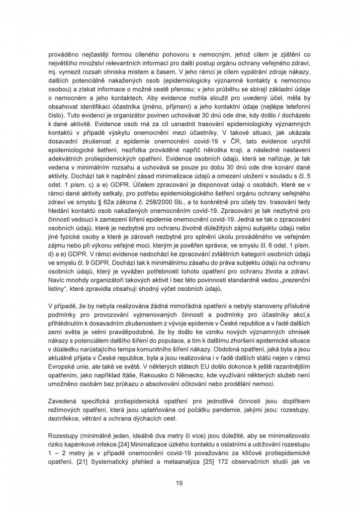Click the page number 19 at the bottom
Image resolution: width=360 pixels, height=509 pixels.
point(180,482)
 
